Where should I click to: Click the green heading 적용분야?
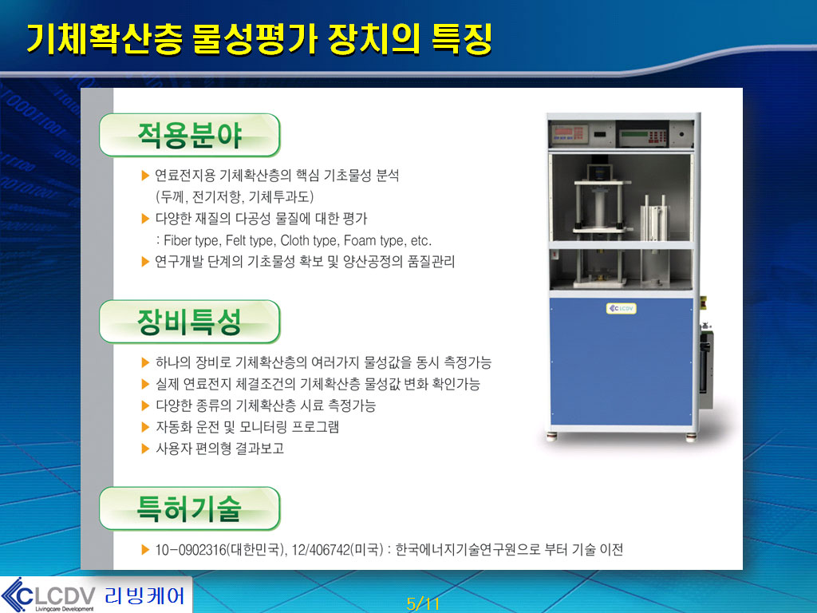tap(190, 136)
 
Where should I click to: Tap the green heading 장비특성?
tap(190, 322)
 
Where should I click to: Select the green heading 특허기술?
tap(190, 508)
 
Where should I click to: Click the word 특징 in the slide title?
tap(462, 39)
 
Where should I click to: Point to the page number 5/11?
tap(423, 604)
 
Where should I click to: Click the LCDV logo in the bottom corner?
tap(49, 595)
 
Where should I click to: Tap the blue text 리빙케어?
tap(144, 595)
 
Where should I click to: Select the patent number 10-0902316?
tap(191, 550)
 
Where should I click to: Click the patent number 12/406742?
tap(321, 550)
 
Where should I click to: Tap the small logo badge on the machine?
tap(621, 309)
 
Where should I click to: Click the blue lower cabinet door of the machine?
tap(621, 362)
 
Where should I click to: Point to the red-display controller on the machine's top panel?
tap(570, 134)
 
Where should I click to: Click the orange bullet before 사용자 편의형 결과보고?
tap(145, 449)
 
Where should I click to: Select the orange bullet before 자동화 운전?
tap(145, 428)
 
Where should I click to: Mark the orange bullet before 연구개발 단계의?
tap(145, 262)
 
